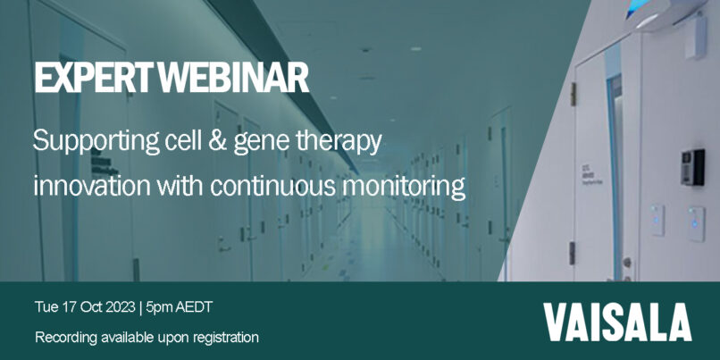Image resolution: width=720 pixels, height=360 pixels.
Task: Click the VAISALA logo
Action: [x=617, y=322]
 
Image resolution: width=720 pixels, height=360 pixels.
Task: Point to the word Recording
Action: [x=66, y=339]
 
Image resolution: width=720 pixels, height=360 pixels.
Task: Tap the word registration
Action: [x=225, y=339]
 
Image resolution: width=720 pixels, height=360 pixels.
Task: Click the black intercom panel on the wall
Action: [x=692, y=167]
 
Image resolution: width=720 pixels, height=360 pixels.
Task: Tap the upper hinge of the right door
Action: [x=573, y=94]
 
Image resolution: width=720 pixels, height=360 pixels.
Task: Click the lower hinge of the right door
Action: [x=573, y=253]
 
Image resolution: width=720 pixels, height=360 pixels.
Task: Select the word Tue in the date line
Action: [x=45, y=307]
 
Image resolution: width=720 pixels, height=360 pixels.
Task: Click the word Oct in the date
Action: [x=90, y=307]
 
